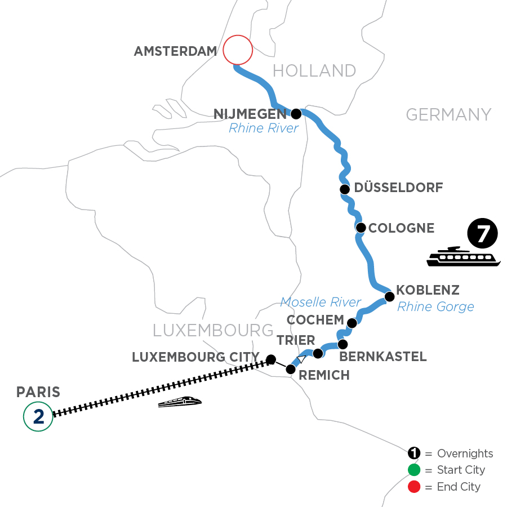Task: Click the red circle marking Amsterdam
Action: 237,50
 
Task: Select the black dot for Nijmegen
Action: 296,114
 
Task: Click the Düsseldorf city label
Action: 398,188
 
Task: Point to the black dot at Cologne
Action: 361,228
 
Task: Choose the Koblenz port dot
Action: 389,296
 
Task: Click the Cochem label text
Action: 315,320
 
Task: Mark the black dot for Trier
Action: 318,353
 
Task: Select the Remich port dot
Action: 291,370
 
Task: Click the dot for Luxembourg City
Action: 271,359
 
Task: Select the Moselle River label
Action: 321,303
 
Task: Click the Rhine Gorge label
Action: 435,307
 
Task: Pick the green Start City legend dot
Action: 415,470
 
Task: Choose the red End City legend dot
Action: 415,486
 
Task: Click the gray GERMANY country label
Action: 448,115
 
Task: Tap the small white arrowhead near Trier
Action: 302,359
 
